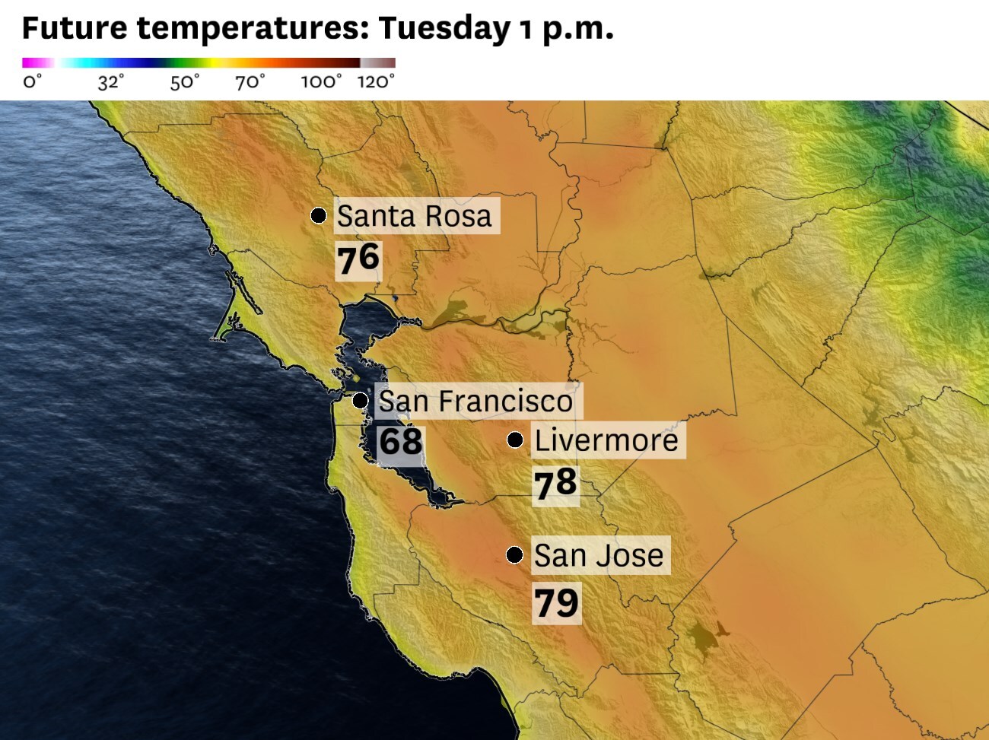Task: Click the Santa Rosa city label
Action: pyautogui.click(x=415, y=216)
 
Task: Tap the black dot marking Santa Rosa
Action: pyautogui.click(x=319, y=215)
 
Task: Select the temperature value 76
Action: pyautogui.click(x=358, y=259)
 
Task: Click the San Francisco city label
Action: pyautogui.click(x=475, y=401)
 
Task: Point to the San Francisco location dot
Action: pyautogui.click(x=361, y=400)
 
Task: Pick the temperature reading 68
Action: pyautogui.click(x=400, y=441)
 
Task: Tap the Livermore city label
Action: pyautogui.click(x=606, y=440)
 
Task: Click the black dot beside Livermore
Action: pyautogui.click(x=515, y=440)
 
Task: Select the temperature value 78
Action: pyautogui.click(x=555, y=484)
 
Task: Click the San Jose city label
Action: pyautogui.click(x=598, y=555)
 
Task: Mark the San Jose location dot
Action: pyautogui.click(x=515, y=554)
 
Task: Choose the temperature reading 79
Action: pyautogui.click(x=556, y=603)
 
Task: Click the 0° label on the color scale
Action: pyautogui.click(x=32, y=82)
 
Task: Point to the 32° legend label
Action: pyautogui.click(x=110, y=82)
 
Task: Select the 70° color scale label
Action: pyautogui.click(x=250, y=82)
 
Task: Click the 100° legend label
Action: pyautogui.click(x=321, y=82)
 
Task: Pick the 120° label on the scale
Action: pyautogui.click(x=377, y=82)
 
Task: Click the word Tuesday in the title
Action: pyautogui.click(x=444, y=29)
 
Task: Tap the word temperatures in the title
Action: pyautogui.click(x=253, y=29)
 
